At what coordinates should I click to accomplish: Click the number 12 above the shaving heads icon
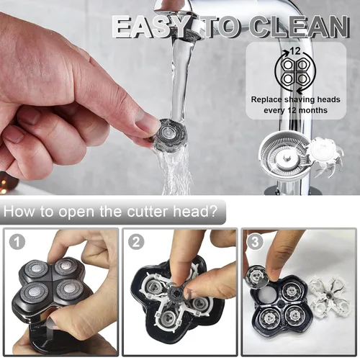tap(295, 51)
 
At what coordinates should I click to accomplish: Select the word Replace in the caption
tap(266, 99)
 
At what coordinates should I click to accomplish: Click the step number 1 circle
tap(17, 242)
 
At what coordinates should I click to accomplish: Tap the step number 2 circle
tap(136, 242)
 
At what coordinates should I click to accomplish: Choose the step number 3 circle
tap(255, 242)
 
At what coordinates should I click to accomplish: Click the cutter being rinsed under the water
tap(169, 135)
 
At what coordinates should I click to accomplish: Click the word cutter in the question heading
tap(147, 211)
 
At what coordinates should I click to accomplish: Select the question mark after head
tap(213, 211)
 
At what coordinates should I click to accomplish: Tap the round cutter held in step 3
tap(257, 276)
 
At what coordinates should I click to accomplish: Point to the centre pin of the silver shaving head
tap(285, 158)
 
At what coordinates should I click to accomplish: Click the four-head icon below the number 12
tap(295, 71)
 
